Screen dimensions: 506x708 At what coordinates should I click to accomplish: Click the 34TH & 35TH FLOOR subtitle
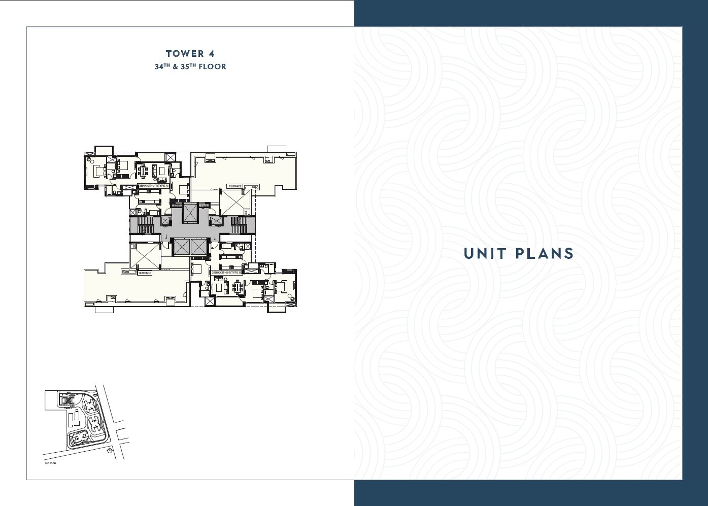(191, 66)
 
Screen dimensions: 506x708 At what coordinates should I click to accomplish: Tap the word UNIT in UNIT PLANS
(486, 253)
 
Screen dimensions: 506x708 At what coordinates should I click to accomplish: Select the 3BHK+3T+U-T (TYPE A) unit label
(153, 186)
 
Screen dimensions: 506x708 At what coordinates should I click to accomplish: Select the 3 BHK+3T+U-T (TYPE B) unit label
(227, 273)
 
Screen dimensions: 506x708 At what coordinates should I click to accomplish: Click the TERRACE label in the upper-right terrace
(235, 186)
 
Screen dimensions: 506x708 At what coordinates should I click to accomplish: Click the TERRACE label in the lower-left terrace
(145, 273)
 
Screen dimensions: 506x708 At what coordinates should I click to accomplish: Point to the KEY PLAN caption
(50, 463)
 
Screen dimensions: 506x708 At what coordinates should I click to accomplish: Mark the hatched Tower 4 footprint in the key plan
(68, 400)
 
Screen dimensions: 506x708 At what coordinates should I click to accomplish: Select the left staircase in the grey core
(146, 225)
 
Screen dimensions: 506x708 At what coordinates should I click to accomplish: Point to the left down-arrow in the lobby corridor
(166, 237)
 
